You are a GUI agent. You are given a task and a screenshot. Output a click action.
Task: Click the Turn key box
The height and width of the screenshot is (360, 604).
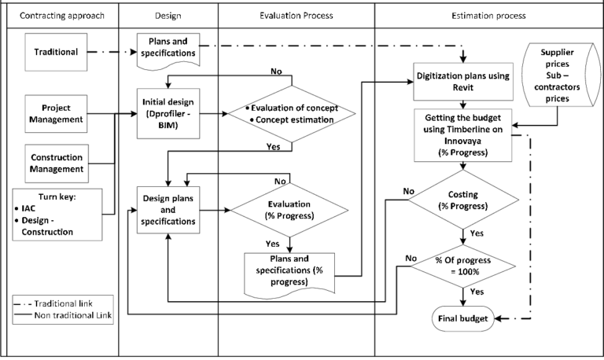pos(57,215)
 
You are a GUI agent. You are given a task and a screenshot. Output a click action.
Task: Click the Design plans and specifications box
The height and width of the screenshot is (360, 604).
pos(168,210)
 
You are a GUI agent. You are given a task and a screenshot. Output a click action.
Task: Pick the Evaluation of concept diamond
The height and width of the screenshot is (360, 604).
pos(290,114)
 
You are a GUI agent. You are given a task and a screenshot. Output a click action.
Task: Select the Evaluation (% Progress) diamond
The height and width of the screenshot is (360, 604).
pos(290,210)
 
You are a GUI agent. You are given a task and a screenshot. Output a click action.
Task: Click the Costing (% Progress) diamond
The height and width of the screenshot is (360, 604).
pos(463,200)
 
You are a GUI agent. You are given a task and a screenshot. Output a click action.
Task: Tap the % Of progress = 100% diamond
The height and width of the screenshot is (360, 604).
pos(463,266)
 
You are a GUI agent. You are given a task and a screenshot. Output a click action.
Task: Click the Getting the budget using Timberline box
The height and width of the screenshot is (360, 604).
pos(463,133)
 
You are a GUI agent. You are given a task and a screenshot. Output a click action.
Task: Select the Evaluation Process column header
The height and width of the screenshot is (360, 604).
pos(296,16)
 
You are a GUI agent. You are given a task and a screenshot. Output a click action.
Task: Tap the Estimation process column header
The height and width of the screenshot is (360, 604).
pos(488,16)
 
